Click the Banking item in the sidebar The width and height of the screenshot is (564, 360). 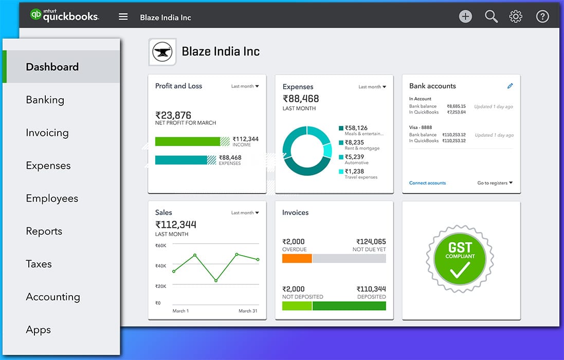[x=45, y=100]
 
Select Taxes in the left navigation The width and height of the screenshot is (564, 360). [x=39, y=264]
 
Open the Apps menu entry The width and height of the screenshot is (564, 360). [x=39, y=330]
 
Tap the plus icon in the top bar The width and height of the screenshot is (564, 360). [x=465, y=16]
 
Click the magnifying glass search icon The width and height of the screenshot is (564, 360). [x=491, y=16]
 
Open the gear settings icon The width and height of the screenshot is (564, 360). [x=516, y=16]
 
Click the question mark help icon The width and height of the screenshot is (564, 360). [x=542, y=16]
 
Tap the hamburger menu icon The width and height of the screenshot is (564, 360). [x=123, y=17]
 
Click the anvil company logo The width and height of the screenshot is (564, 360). [x=162, y=52]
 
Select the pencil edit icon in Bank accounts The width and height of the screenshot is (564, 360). [x=510, y=86]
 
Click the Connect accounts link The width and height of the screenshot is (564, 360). [x=427, y=183]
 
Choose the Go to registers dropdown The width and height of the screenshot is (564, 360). [x=495, y=183]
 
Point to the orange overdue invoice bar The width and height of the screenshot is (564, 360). [x=297, y=259]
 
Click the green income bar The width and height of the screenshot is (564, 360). [x=188, y=141]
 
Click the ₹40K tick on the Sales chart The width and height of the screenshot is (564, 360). [x=161, y=266]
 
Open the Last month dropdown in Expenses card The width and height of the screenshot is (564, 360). [x=372, y=87]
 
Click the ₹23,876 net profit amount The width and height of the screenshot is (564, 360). [x=173, y=115]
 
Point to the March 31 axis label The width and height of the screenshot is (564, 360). [x=248, y=311]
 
